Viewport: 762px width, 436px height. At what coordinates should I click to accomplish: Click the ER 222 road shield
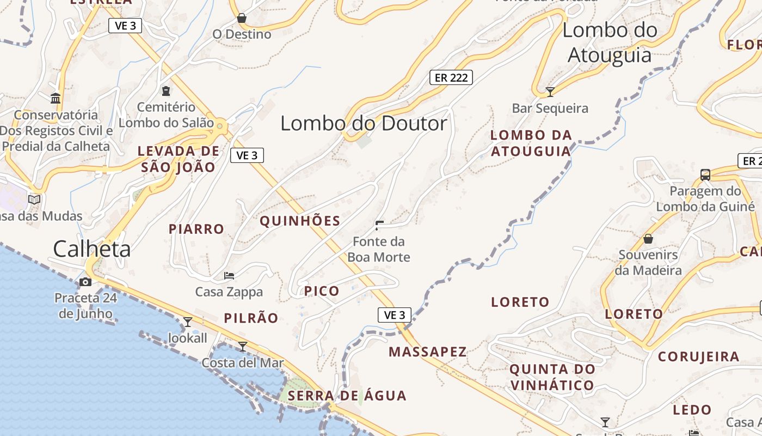coord(451,77)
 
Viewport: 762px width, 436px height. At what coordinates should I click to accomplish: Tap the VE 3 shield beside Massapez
coord(395,314)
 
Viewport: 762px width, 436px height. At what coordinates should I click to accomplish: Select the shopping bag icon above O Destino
coord(242,19)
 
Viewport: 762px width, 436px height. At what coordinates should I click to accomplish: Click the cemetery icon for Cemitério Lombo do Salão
coord(166,91)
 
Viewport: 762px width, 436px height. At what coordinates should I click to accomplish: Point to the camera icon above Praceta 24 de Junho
coord(85,282)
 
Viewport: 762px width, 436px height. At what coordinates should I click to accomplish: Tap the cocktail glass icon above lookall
coord(188,322)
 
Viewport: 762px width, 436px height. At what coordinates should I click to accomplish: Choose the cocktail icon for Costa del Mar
coord(243,346)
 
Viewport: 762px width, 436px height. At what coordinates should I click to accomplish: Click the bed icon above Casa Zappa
coord(229,276)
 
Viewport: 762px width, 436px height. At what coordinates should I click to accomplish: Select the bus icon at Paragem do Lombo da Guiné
coord(705,175)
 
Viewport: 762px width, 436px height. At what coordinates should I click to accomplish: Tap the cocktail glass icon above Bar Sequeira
coord(550,92)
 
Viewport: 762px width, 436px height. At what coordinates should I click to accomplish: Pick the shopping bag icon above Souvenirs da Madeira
coord(648,239)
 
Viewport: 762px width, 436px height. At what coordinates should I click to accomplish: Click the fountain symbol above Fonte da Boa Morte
coord(379,225)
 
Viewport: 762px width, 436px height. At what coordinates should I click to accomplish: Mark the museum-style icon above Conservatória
coord(56,98)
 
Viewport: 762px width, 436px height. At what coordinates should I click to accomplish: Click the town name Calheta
coord(92,249)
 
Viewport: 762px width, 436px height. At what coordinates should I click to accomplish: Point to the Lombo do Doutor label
coord(364,124)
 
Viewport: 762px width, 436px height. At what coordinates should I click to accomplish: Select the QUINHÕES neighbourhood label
coord(300,221)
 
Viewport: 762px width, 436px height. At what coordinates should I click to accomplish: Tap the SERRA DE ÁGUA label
coord(347,396)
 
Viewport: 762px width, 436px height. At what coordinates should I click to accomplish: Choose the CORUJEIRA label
coord(699,357)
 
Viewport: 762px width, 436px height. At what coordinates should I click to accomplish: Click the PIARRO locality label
coord(196,229)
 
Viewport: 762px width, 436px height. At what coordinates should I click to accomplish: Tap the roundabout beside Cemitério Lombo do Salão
coord(220,126)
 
